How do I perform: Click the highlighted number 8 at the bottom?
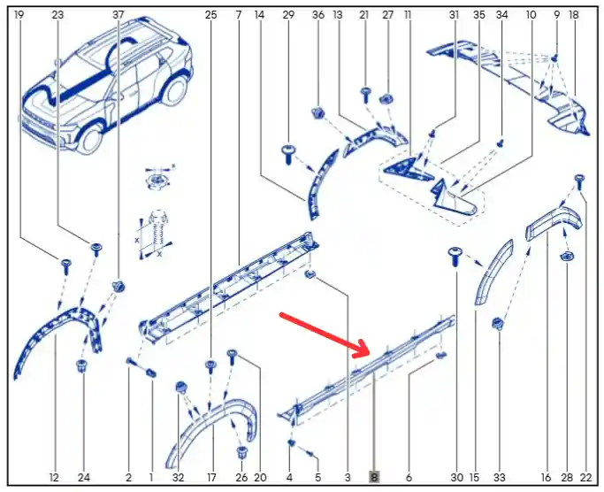pos(374,477)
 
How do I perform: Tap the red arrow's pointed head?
pos(365,348)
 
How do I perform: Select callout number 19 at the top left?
pos(19,15)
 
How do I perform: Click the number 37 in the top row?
pos(119,15)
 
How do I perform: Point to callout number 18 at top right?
pos(574,15)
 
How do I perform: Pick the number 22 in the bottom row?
pos(585,477)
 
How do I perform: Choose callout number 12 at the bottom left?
pos(54,477)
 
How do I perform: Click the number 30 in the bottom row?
pos(457,477)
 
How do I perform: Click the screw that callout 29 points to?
pos(288,154)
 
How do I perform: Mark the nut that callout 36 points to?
pos(317,113)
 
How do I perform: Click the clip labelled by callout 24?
pos(81,365)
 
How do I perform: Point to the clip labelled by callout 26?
pos(242,452)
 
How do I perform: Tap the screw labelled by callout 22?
pos(579,181)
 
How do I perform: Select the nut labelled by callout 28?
pos(565,256)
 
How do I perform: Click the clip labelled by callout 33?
pos(498,324)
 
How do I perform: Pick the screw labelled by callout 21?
pos(365,95)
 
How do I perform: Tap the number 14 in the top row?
pos(260,15)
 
